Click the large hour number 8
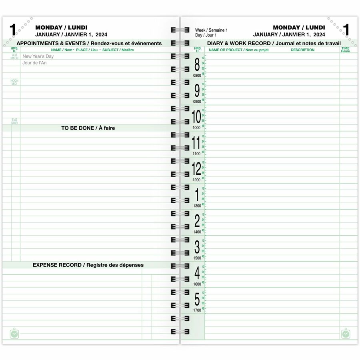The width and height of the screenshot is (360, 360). click(x=196, y=65)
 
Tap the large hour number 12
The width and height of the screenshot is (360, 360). click(x=196, y=169)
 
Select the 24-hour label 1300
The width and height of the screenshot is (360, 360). click(x=197, y=206)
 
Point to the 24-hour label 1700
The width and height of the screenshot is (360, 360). click(x=197, y=310)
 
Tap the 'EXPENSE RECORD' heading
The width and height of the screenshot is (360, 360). click(x=88, y=265)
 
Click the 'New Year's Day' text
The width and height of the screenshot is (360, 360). click(x=38, y=56)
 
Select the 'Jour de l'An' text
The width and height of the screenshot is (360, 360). click(x=35, y=63)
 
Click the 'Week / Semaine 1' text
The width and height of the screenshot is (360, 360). click(x=211, y=30)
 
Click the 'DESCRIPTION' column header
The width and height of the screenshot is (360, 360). click(x=302, y=50)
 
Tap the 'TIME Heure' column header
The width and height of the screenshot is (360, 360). click(x=345, y=50)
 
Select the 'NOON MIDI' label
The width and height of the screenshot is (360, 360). click(x=15, y=82)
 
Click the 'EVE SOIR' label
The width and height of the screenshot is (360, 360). click(x=15, y=121)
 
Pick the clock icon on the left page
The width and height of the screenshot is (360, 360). click(x=14, y=334)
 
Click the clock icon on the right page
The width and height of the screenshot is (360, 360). click(x=346, y=334)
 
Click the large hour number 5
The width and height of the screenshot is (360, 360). click(x=197, y=299)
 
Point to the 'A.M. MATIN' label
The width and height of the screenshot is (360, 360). click(x=14, y=57)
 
